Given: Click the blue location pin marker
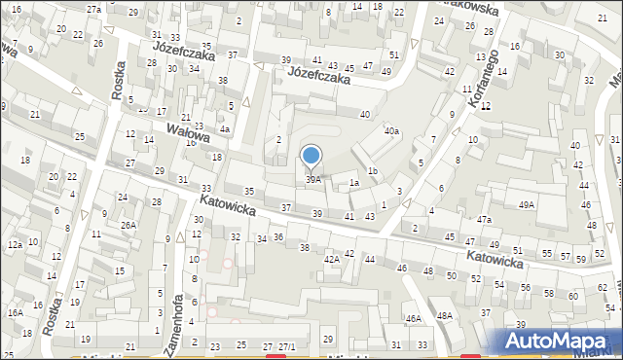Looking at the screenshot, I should tap(311, 155).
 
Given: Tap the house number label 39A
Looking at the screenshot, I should tap(313, 179).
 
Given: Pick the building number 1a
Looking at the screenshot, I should tap(355, 183).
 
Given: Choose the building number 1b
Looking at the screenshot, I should tap(372, 172).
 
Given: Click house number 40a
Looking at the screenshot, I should tap(391, 130).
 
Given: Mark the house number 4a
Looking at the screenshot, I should tap(224, 128).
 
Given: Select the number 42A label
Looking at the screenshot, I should tap(331, 259).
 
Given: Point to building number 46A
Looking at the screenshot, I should tap(414, 319).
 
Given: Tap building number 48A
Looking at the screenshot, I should tap(445, 316).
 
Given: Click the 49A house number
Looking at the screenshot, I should tap(527, 204).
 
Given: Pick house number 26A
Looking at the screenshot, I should tap(128, 225).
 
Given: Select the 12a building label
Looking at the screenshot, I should tap(15, 244).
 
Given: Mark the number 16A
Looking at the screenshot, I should tap(16, 312).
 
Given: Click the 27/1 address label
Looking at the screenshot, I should tap(287, 346).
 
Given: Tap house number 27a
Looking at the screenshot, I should tap(93, 8).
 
